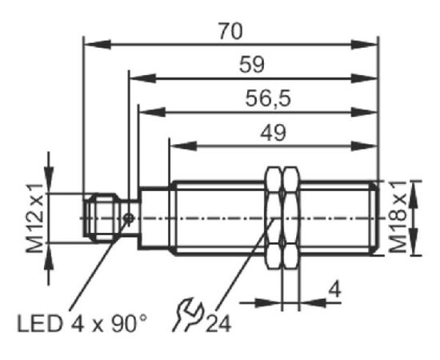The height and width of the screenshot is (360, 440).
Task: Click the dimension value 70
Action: click(x=230, y=31)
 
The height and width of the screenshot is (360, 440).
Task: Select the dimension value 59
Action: click(x=252, y=65)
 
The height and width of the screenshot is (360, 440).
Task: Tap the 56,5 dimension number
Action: click(x=268, y=98)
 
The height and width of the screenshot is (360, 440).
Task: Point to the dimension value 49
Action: click(x=273, y=133)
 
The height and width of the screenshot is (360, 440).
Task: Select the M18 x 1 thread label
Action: click(x=398, y=217)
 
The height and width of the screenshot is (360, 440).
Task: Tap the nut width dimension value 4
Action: click(x=334, y=290)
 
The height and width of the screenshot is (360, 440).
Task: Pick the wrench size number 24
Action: click(x=218, y=324)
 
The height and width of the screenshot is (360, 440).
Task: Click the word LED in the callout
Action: click(x=39, y=324)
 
